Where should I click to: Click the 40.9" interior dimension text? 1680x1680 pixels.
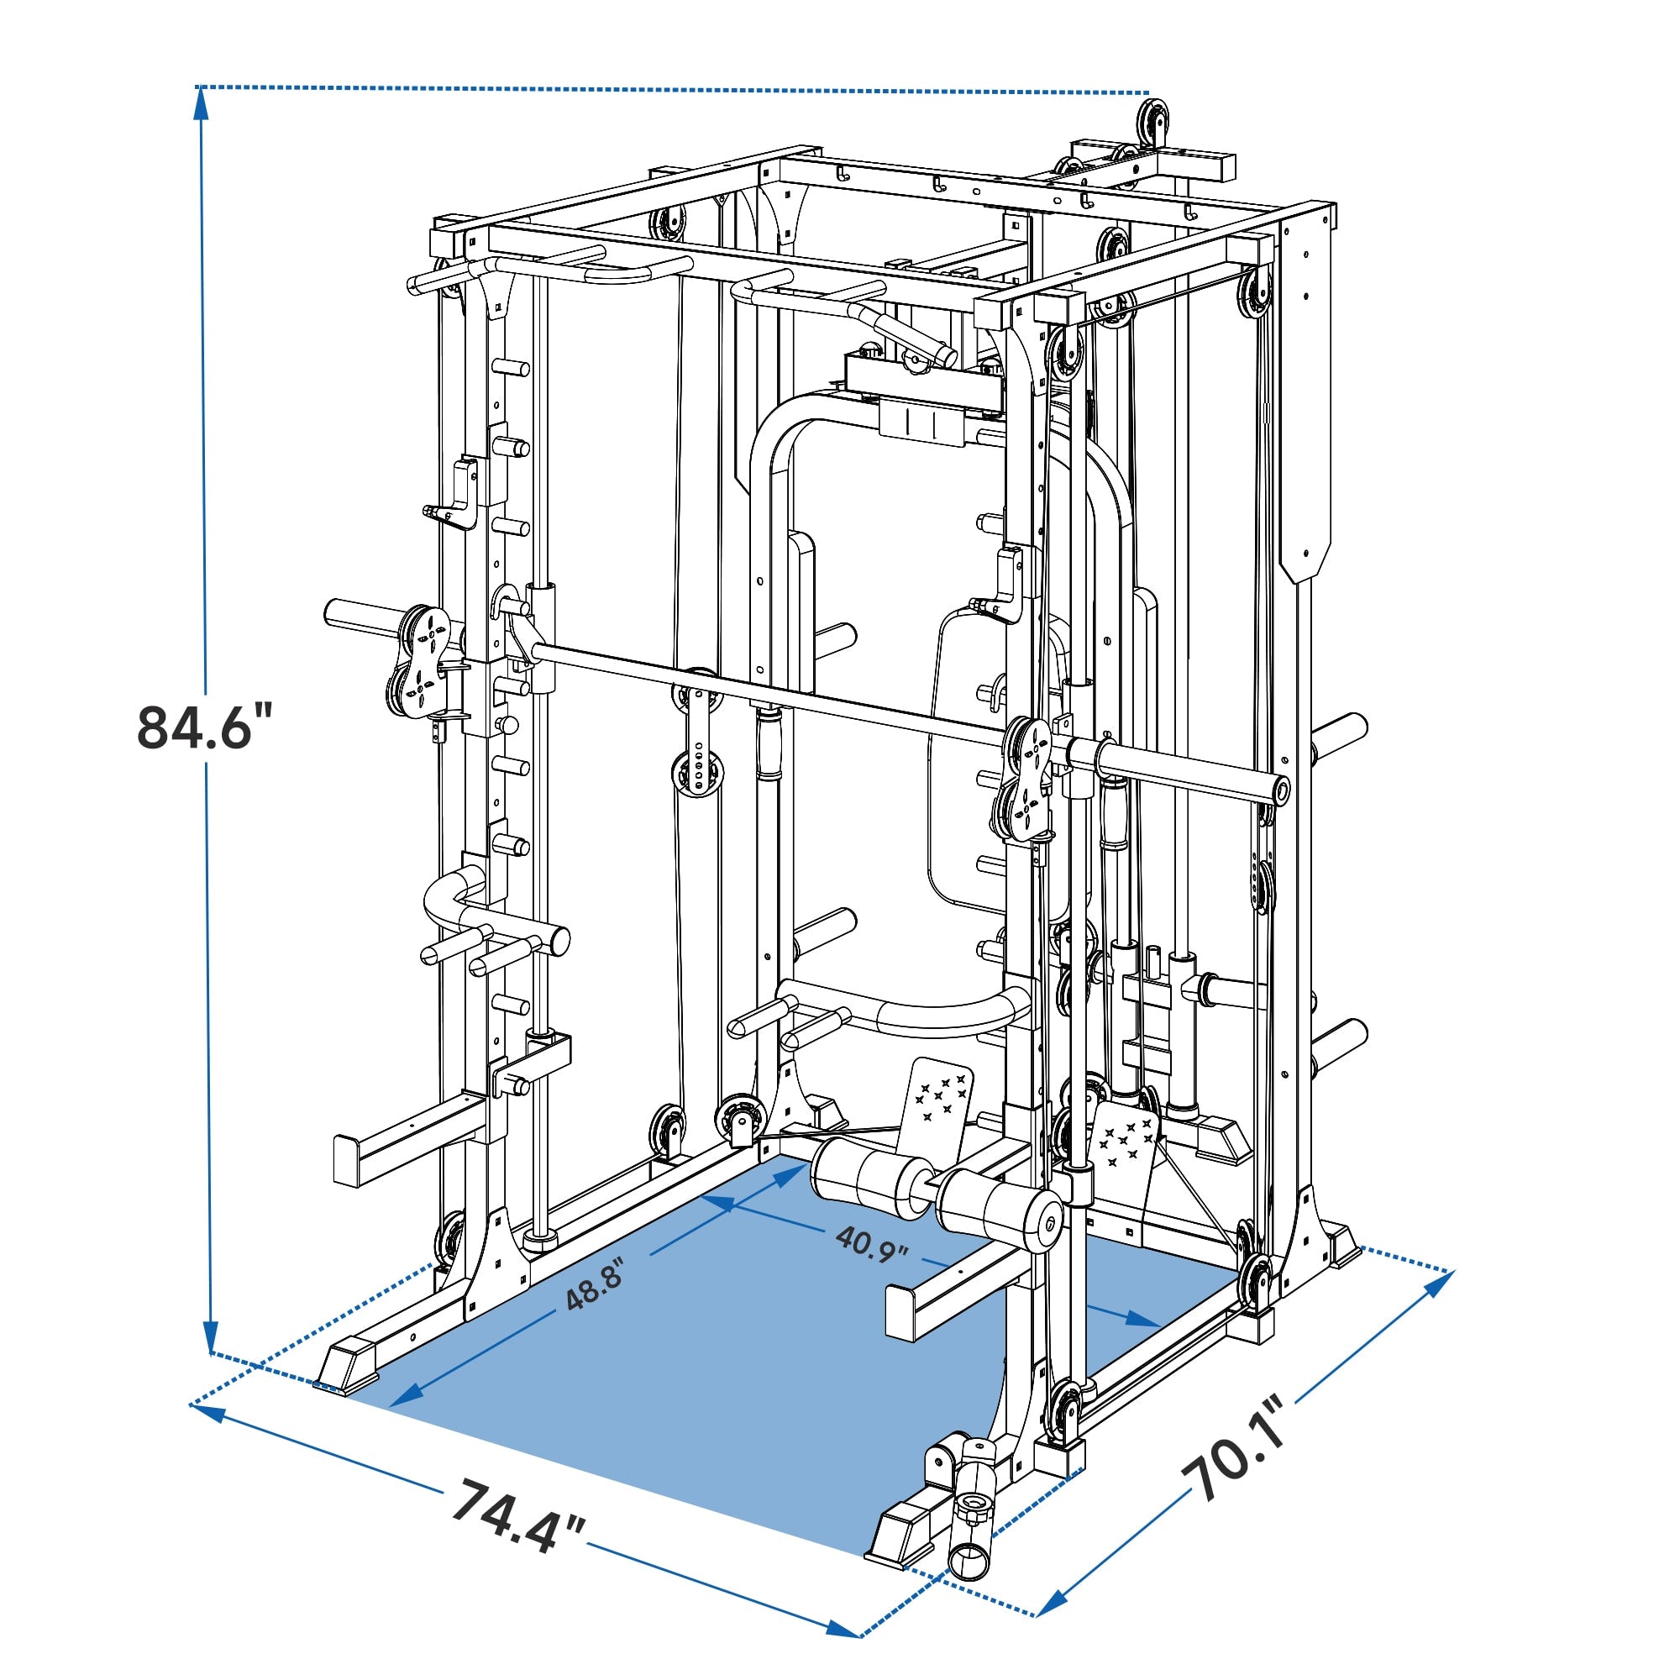(x=871, y=1244)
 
